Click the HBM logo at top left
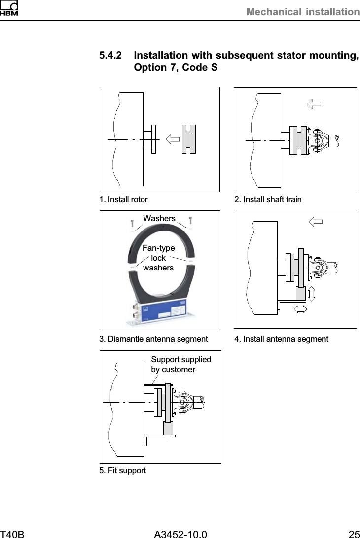(x=9, y=8)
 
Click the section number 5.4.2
(x=111, y=56)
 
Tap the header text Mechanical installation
(x=302, y=11)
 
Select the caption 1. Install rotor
(x=123, y=200)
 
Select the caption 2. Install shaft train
(x=268, y=200)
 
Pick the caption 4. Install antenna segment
(x=281, y=339)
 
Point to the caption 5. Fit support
(x=123, y=471)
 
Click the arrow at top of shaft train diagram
(x=314, y=104)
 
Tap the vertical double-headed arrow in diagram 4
(x=311, y=294)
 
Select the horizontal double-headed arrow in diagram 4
(x=299, y=309)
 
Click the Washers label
(x=159, y=218)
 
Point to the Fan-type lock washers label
(x=158, y=258)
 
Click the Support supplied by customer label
(x=180, y=364)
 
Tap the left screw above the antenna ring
(x=132, y=223)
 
